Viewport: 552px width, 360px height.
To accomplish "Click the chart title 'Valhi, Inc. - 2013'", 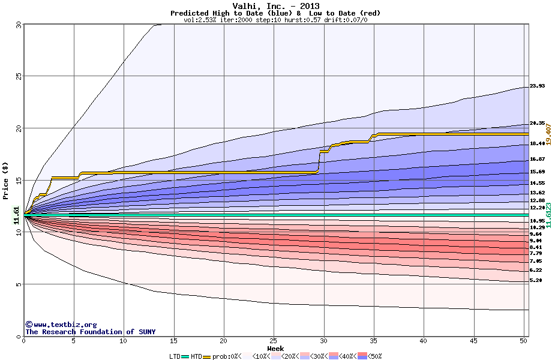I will coord(275,6).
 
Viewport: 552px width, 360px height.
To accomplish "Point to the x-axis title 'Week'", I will coord(275,349).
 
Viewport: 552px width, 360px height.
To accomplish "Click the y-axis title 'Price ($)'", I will coord(6,180).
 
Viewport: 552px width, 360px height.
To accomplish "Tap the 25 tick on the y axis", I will coord(18,76).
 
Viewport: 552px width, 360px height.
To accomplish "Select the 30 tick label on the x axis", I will coord(324,341).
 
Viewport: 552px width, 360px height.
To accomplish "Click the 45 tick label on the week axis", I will coord(474,341).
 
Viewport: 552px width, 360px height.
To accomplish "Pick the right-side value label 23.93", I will coord(537,86).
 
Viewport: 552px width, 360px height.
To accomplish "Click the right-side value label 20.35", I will coord(537,123).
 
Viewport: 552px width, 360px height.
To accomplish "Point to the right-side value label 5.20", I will coord(537,280).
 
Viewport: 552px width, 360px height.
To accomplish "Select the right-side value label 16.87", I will coord(537,160).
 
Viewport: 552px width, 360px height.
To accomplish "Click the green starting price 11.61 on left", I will coord(17,215).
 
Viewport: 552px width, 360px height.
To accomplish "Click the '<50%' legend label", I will coord(374,356).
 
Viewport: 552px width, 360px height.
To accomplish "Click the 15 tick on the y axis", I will coord(18,180).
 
